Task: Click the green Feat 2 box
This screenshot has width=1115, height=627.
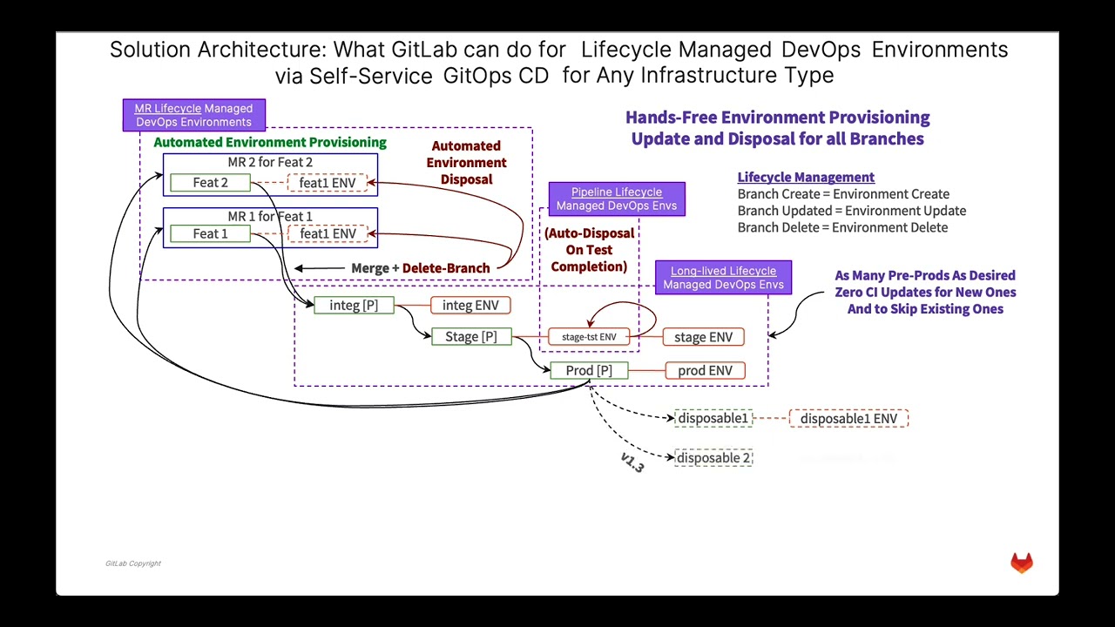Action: tap(210, 183)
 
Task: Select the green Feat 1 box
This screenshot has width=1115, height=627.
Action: tap(210, 233)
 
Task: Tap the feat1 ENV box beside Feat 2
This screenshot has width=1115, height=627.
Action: tap(328, 183)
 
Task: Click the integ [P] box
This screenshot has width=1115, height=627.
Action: tap(354, 305)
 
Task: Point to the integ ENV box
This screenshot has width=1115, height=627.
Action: tap(470, 305)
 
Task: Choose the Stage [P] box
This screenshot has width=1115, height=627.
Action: tap(471, 336)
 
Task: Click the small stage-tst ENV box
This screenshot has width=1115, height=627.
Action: tap(589, 337)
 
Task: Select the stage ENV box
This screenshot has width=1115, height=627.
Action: tap(703, 337)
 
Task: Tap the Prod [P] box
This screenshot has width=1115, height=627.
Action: tap(589, 370)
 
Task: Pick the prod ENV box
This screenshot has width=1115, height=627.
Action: tap(705, 370)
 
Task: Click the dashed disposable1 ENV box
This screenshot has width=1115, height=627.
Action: tap(848, 419)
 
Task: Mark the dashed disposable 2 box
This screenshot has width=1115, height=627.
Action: tap(713, 458)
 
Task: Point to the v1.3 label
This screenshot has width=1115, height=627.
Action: tap(632, 462)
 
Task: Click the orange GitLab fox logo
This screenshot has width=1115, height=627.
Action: tap(1022, 563)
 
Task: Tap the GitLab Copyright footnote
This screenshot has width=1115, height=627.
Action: tap(133, 563)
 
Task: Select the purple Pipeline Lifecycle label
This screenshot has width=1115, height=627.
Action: tap(617, 199)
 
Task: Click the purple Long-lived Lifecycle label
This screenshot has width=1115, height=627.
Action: tap(723, 278)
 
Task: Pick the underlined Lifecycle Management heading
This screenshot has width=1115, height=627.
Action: tap(806, 177)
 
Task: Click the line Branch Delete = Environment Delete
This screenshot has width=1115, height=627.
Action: tap(842, 227)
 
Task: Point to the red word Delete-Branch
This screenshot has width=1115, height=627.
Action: tap(446, 268)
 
